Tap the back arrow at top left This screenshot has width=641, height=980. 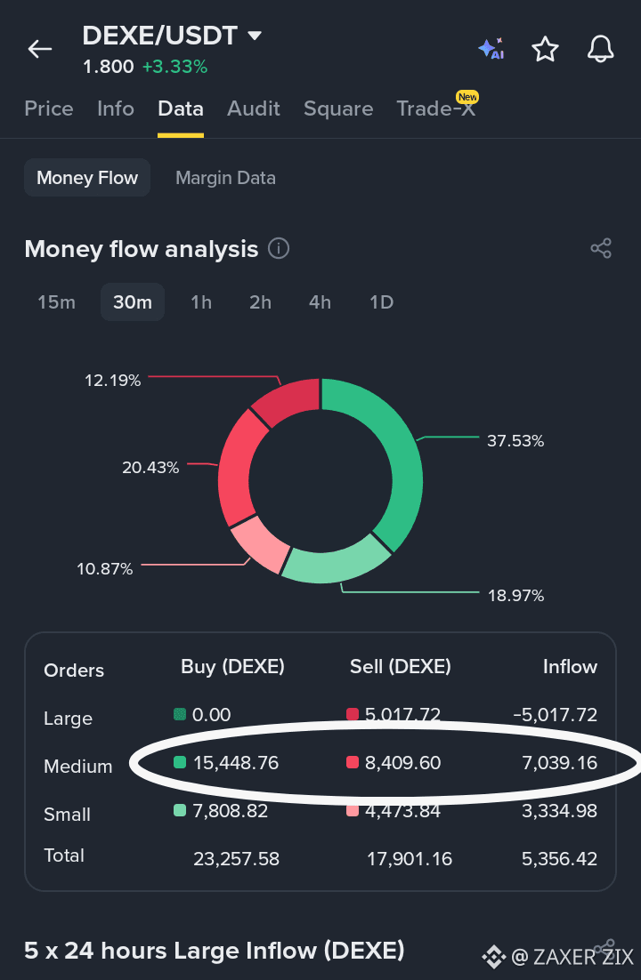pyautogui.click(x=39, y=49)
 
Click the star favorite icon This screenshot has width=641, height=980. pyautogui.click(x=545, y=49)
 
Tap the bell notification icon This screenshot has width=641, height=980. pyautogui.click(x=600, y=49)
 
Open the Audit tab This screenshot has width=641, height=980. pyautogui.click(x=254, y=108)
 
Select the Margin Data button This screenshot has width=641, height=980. pyautogui.click(x=225, y=178)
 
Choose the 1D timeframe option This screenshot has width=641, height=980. pyautogui.click(x=381, y=302)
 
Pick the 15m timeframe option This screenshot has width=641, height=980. pyautogui.click(x=56, y=302)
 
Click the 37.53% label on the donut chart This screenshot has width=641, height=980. pyautogui.click(x=515, y=440)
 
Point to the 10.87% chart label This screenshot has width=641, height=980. pyautogui.click(x=104, y=569)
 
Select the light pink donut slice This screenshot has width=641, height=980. pyautogui.click(x=258, y=543)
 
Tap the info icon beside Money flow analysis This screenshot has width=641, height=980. pyautogui.click(x=279, y=248)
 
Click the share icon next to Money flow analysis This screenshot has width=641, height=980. pyautogui.click(x=601, y=248)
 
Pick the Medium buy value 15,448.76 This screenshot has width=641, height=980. pyautogui.click(x=235, y=762)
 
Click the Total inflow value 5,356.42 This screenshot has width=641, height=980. pyautogui.click(x=560, y=859)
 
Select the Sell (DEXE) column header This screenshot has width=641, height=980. pyautogui.click(x=401, y=667)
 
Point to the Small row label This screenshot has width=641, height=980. pyautogui.click(x=67, y=815)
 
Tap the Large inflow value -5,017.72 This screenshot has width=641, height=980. pyautogui.click(x=556, y=714)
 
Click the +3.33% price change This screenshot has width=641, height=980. pyautogui.click(x=174, y=67)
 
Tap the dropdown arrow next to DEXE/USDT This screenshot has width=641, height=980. pyautogui.click(x=254, y=36)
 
